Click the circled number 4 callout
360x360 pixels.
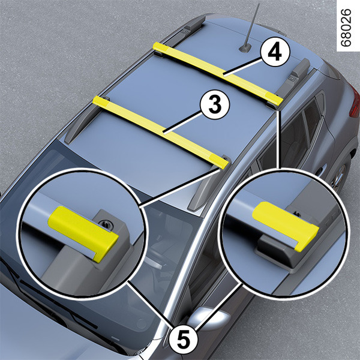point(275,52)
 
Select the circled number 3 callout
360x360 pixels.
point(215,104)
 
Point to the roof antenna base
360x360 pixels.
point(245,49)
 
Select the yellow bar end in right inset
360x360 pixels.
point(286,226)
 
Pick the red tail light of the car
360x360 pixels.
point(355,101)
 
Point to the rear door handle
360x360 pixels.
point(321,169)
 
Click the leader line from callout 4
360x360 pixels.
point(242,67)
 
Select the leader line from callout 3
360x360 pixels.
point(182,121)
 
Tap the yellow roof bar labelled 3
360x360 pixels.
point(160,132)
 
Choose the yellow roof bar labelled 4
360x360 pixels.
point(218,73)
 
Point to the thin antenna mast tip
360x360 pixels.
point(259,4)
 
